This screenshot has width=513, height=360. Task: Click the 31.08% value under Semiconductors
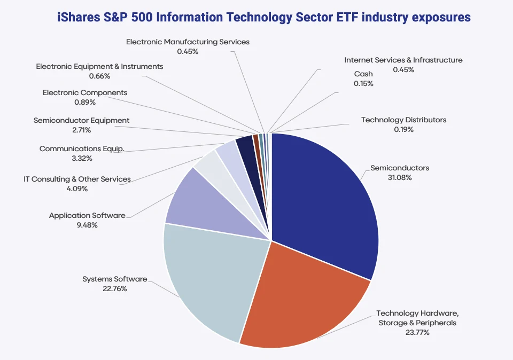click(399, 177)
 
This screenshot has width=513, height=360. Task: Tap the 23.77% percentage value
click(417, 332)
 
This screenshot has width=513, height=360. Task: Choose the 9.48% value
click(87, 225)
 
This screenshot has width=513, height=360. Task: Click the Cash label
click(363, 74)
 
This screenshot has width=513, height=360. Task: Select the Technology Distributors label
click(403, 120)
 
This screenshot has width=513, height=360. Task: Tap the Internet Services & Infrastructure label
click(403, 60)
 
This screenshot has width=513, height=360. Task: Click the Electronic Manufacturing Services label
click(188, 41)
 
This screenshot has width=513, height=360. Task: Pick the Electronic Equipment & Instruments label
click(99, 66)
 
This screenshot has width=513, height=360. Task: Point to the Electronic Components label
click(85, 92)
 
